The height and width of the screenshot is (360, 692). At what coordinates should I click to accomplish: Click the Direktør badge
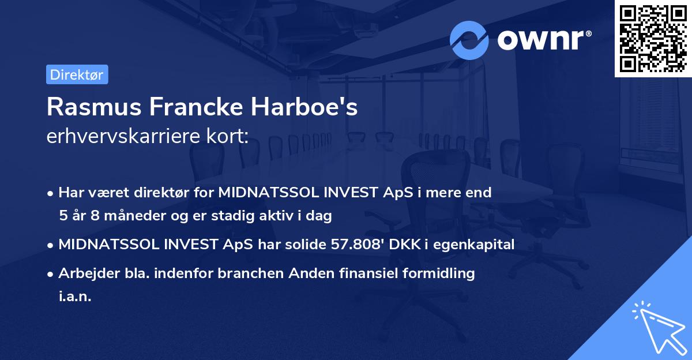[77, 75]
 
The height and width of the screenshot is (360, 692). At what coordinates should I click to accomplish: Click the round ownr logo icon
[469, 40]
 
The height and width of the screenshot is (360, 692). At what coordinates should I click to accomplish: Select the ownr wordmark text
[544, 40]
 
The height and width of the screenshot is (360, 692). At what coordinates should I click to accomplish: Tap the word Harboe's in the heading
[311, 107]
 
